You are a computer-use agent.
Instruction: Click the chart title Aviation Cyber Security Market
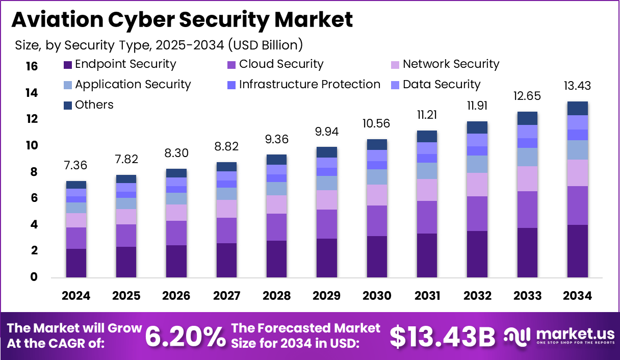coord(182,19)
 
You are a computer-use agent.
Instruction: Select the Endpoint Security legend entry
coord(125,64)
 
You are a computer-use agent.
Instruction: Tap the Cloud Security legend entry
coord(281,64)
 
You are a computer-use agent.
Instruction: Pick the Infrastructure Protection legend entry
coord(309,85)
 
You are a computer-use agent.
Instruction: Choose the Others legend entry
coord(94,105)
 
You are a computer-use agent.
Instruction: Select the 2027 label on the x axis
coord(226,296)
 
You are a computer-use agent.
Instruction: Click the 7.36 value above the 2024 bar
coord(76,166)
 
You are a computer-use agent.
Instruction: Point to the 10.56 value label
coord(376,124)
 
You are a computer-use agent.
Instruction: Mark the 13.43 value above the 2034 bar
coord(577,86)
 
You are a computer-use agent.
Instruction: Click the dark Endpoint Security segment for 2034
coord(577,251)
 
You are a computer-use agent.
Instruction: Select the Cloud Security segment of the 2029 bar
coord(326,224)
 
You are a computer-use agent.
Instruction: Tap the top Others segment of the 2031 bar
coord(426,136)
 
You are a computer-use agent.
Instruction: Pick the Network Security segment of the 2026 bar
coord(176,213)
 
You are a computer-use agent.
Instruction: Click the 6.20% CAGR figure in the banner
coord(186,336)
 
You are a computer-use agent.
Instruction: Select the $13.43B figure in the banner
coord(443,336)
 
